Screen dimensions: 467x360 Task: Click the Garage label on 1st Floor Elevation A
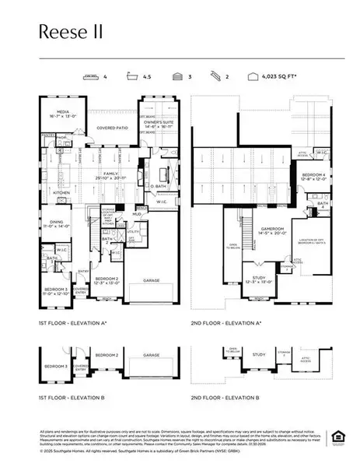click(152, 279)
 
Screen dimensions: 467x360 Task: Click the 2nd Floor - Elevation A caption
click(226, 322)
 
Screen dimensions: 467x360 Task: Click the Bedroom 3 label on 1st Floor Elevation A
click(54, 293)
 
